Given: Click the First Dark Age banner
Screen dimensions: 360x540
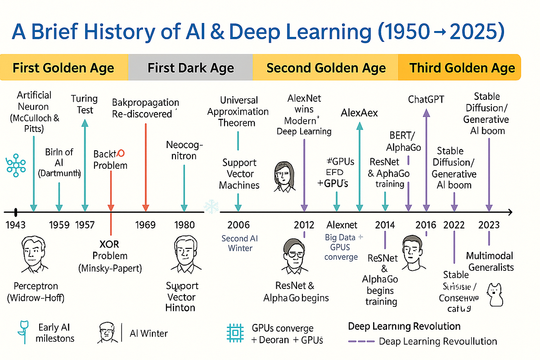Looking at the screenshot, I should point(190,68).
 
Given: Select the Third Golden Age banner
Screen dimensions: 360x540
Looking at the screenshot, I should point(462,68).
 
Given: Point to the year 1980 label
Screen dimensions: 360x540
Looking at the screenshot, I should point(184,225).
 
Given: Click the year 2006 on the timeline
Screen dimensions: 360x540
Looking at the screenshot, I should point(238,225).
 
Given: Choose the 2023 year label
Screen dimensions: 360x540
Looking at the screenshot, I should point(488,225).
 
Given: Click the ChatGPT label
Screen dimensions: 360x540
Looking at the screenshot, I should point(426,99).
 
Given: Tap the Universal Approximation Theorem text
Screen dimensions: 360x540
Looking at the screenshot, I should point(238,111).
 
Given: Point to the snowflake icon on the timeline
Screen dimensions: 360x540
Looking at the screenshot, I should point(211,207).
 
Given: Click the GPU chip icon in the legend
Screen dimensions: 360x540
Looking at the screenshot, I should point(234,333).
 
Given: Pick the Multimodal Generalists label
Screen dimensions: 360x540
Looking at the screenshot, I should point(490,261).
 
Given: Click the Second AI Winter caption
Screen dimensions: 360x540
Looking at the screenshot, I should point(240,243).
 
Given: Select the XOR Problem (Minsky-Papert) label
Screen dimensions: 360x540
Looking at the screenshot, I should point(110,256).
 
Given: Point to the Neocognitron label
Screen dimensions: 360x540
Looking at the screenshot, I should point(184,150).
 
